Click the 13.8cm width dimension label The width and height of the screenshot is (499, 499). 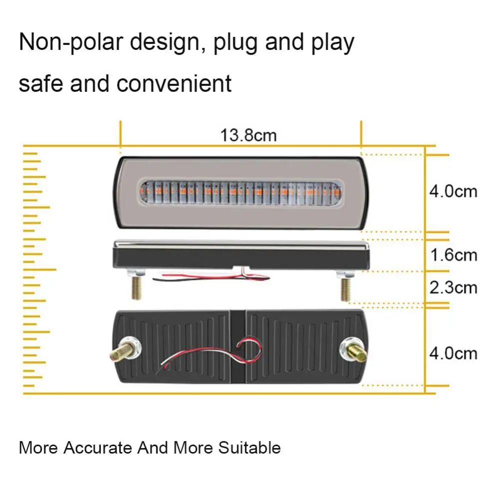click(248, 135)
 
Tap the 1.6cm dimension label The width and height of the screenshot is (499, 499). click(454, 255)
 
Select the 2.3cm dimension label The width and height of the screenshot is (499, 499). click(454, 288)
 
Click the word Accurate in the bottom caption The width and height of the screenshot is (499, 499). click(99, 447)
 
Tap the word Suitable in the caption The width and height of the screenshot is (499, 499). click(249, 448)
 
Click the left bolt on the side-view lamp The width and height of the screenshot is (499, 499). click(135, 288)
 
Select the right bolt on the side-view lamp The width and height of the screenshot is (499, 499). click(345, 289)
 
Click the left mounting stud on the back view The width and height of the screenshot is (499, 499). click(123, 351)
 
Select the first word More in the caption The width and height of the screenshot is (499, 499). click(38, 448)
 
